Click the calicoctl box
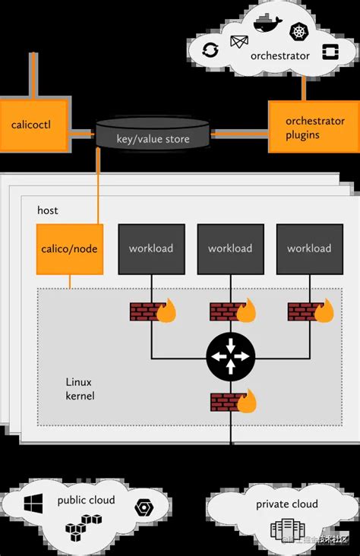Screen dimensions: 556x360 click(x=30, y=123)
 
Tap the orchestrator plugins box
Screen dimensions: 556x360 click(x=314, y=128)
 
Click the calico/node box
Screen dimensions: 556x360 click(x=69, y=248)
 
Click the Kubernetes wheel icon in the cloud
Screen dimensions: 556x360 click(x=298, y=33)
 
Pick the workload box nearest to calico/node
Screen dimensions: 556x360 click(x=151, y=248)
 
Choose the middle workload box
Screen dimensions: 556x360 click(x=230, y=248)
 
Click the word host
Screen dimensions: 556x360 click(x=47, y=210)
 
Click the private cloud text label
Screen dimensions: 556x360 click(x=286, y=504)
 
